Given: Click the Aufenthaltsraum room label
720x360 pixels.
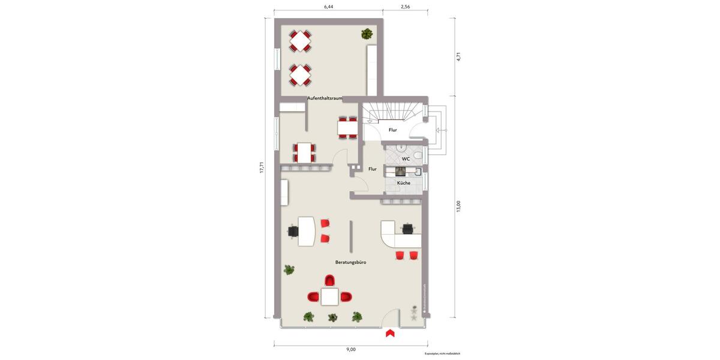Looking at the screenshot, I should [x=325, y=98].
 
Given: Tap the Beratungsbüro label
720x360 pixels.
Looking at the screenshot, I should [x=350, y=262].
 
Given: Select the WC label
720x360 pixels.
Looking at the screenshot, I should [x=406, y=159].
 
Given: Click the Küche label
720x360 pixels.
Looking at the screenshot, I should [x=404, y=182].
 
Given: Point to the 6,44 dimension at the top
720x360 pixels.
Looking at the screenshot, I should [x=328, y=7].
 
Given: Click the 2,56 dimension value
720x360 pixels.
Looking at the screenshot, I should [x=405, y=7].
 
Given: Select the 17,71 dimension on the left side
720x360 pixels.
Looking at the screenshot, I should [x=262, y=168].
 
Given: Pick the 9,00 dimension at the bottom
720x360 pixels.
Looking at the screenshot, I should [x=350, y=349].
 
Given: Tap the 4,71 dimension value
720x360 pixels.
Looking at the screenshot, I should [x=458, y=56].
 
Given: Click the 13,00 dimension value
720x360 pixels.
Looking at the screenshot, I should [x=458, y=206].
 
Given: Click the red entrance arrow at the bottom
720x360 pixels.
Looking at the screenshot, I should [x=390, y=333].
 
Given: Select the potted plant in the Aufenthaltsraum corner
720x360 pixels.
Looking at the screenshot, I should [x=367, y=34].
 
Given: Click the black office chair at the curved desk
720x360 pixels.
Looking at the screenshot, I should [x=409, y=227].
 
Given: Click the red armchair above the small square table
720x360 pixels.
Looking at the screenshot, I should [x=329, y=281].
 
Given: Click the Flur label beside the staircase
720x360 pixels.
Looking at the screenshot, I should [x=392, y=130].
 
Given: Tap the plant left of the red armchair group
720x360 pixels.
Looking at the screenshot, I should [x=289, y=270].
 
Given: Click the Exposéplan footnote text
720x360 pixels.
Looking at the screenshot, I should [x=442, y=354].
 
